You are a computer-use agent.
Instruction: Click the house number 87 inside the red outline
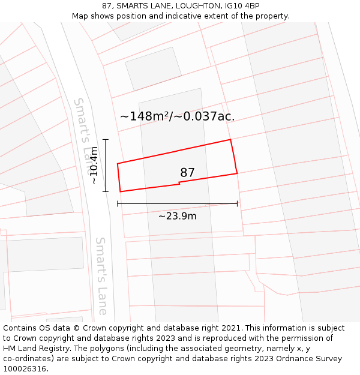coord(187,173)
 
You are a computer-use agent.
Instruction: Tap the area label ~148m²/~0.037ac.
coord(178,116)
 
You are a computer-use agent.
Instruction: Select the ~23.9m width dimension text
coord(177,216)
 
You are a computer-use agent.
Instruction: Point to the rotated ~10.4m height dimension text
coord(94,166)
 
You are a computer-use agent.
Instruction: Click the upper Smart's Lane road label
coord(85,127)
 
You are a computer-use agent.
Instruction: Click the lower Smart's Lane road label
coord(101,275)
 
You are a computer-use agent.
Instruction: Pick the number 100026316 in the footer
coord(25,368)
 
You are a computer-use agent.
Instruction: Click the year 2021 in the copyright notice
coord(232,328)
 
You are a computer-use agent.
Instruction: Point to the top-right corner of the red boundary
coord(230,140)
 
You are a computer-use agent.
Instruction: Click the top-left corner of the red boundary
coord(118,163)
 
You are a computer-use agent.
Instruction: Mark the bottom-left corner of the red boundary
coord(121,191)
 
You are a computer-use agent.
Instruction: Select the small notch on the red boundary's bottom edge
coord(179,184)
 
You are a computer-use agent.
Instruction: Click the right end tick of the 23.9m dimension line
coord(237,204)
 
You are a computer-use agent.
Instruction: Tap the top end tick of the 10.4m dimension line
coord(106,140)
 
